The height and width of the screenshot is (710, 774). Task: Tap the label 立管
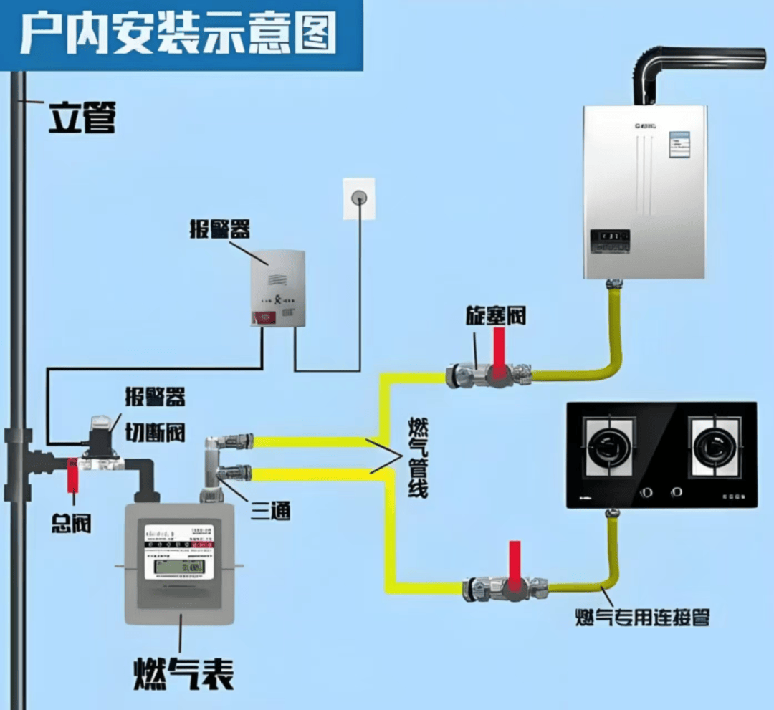click(x=82, y=117)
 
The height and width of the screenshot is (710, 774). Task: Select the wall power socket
click(x=358, y=199)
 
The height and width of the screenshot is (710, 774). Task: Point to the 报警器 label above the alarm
click(x=219, y=229)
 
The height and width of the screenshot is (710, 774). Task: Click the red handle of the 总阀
click(x=72, y=475)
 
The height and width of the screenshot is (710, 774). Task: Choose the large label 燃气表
click(x=183, y=671)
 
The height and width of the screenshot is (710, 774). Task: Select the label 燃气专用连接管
click(x=643, y=616)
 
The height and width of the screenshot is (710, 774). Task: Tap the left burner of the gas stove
click(x=610, y=447)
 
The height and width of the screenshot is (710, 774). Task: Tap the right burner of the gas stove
click(x=714, y=447)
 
